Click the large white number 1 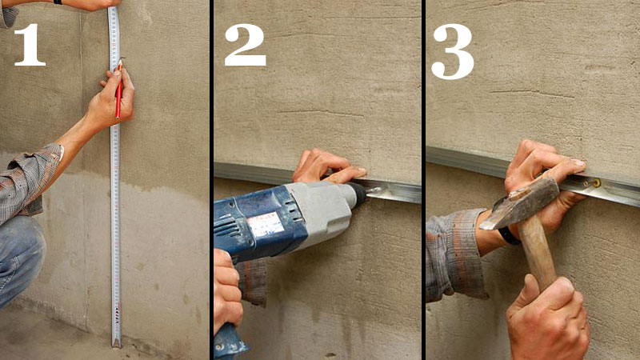point(30,45)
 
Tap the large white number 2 point(245,45)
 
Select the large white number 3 point(452,51)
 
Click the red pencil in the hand point(118,89)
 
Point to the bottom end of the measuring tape point(116,346)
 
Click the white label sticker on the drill point(265,225)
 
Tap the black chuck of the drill point(358,193)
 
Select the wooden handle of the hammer point(538,252)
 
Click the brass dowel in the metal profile point(597,183)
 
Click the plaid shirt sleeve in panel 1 point(28,179)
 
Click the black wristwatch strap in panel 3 point(509,236)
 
